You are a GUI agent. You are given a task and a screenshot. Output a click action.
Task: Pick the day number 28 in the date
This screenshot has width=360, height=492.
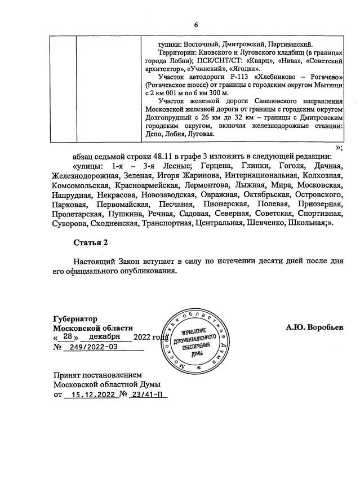(x=67, y=336)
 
